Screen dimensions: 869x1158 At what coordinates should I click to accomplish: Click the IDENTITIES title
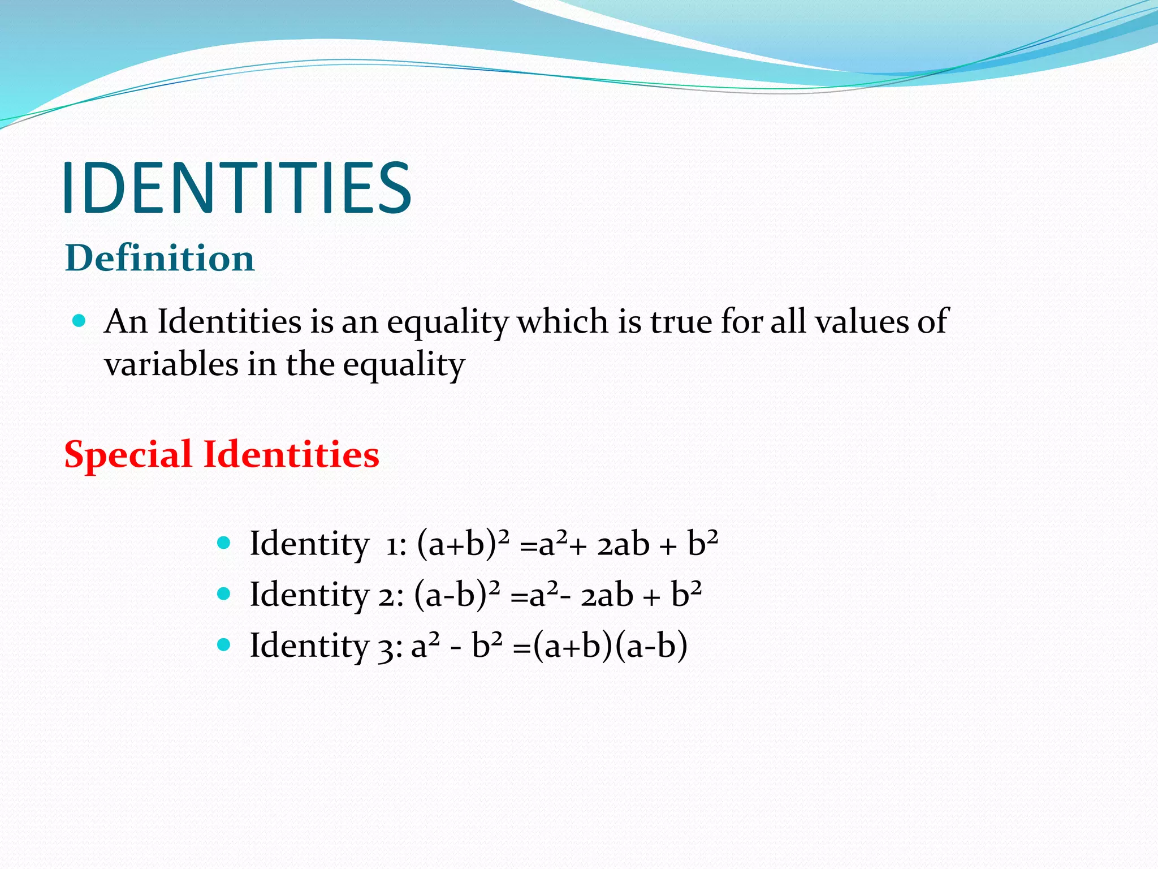click(237, 188)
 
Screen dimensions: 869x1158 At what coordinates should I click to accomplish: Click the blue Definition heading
click(160, 258)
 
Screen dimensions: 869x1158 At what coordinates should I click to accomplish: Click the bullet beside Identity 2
click(224, 593)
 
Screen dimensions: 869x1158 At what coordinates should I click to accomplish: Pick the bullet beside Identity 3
click(224, 644)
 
